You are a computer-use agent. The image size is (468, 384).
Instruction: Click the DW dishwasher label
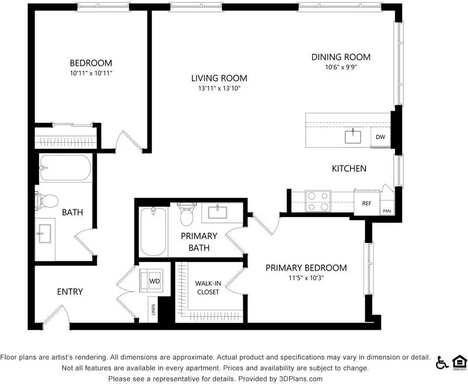click(x=380, y=137)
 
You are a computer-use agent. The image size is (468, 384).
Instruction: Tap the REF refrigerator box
click(x=367, y=202)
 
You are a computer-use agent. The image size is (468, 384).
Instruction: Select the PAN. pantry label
click(x=387, y=211)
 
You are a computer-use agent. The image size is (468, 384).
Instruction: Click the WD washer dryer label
click(x=155, y=281)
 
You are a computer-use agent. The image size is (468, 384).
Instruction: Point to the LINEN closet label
click(x=154, y=309)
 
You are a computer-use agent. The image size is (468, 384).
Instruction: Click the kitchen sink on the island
click(x=353, y=137)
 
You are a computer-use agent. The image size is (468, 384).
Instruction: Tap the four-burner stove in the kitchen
click(x=318, y=201)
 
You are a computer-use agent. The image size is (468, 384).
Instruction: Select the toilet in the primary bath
click(x=187, y=213)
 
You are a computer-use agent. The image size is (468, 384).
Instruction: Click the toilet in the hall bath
click(x=46, y=201)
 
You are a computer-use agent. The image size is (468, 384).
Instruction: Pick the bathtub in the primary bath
click(x=154, y=232)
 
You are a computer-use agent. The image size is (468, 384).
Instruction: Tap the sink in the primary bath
click(x=217, y=212)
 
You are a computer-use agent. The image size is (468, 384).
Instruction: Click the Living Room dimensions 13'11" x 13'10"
click(x=219, y=88)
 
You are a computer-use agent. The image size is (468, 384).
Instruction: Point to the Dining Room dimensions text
click(x=341, y=67)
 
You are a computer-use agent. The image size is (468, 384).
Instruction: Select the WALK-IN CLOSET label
click(x=208, y=287)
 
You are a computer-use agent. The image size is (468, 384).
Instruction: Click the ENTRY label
click(x=70, y=292)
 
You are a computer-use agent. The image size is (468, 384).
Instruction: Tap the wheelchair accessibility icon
click(x=442, y=362)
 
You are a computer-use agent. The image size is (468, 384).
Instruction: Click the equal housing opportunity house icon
click(x=459, y=362)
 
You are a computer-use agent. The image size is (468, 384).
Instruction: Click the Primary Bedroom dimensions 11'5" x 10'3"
click(x=306, y=278)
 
